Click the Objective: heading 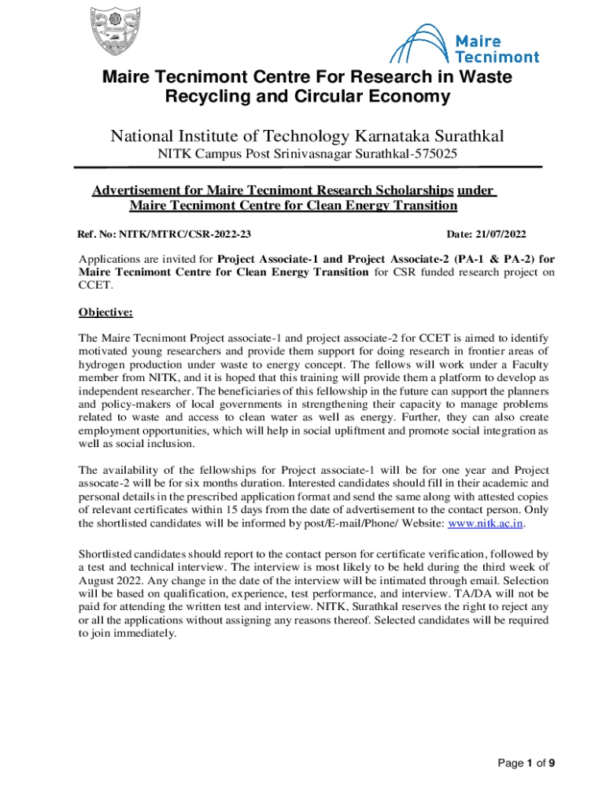point(105,312)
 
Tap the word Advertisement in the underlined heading point(146,190)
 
